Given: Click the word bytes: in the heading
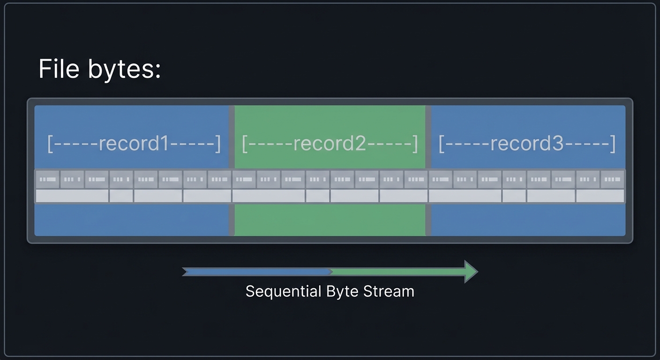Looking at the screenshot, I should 124,70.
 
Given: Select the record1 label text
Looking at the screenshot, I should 134,143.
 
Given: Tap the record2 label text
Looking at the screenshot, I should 329,143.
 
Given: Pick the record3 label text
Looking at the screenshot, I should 526,143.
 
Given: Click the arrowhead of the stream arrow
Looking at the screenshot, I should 470,271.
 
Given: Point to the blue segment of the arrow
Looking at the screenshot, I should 258,271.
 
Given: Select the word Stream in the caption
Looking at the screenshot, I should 389,292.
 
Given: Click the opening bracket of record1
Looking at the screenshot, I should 50,143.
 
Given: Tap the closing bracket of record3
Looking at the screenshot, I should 612,143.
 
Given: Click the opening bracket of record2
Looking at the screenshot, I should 244,143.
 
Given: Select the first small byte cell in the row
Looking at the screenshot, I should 47,179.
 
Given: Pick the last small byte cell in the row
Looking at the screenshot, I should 612,179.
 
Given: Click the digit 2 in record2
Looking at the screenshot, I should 360,143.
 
